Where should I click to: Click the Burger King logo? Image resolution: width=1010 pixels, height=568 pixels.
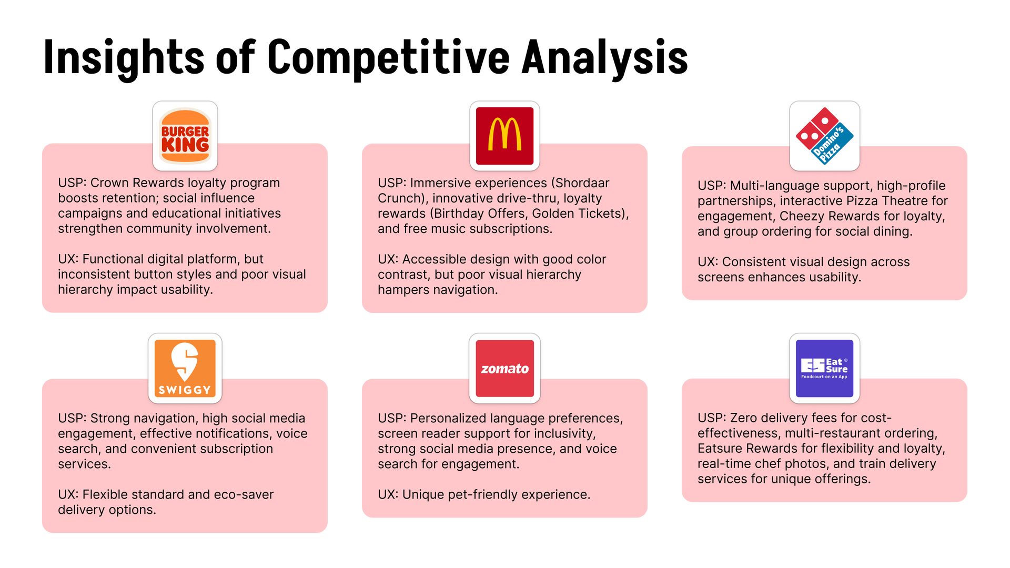pyautogui.click(x=185, y=136)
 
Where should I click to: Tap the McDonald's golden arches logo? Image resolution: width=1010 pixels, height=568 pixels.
pyautogui.click(x=505, y=136)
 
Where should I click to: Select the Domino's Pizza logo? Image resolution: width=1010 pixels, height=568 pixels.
pyautogui.click(x=825, y=136)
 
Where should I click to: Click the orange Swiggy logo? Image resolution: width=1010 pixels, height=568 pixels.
pyautogui.click(x=185, y=368)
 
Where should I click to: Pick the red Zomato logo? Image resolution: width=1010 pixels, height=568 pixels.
pyautogui.click(x=505, y=368)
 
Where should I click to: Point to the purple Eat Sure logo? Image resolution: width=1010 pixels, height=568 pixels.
pyautogui.click(x=825, y=368)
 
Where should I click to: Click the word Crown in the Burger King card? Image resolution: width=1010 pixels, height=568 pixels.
pyautogui.click(x=109, y=182)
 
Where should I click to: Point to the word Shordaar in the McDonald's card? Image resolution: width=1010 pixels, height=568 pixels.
pyautogui.click(x=582, y=182)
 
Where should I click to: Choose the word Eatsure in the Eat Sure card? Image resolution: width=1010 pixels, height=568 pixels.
pyautogui.click(x=720, y=448)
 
